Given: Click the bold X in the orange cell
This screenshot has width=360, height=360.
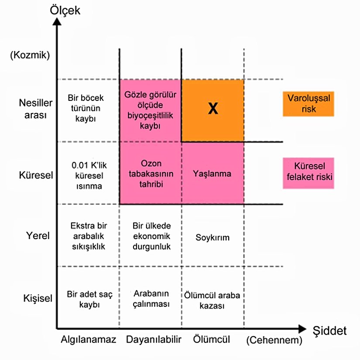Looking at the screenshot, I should click(x=213, y=110).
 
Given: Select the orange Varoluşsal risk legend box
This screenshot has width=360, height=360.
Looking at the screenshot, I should click(x=309, y=104).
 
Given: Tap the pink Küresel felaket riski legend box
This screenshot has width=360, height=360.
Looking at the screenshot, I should click(x=309, y=173).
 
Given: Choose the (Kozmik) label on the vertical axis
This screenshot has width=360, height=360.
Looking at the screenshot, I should click(x=30, y=55).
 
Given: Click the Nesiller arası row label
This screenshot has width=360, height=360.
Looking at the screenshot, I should click(x=36, y=109).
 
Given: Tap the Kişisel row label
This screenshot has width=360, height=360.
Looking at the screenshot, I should click(x=38, y=299).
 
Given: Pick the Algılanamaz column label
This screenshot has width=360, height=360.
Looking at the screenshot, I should click(x=89, y=340).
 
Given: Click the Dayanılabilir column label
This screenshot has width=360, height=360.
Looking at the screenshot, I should click(x=151, y=340).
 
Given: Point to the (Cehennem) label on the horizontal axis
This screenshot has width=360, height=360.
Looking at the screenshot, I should click(x=274, y=340).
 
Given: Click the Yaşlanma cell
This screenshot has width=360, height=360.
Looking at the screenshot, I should click(x=212, y=173).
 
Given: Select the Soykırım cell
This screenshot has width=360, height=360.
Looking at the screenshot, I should click(x=213, y=238).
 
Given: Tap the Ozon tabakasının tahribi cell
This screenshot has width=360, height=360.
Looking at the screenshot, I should click(x=151, y=174).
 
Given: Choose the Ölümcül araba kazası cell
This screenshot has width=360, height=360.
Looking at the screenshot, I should click(x=212, y=300).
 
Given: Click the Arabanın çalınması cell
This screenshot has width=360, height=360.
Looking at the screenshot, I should click(x=151, y=299).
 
